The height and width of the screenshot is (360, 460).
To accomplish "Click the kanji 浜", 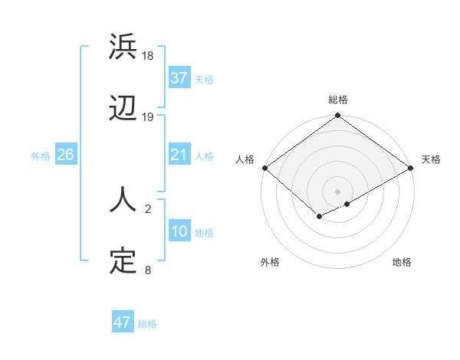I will click(123, 47).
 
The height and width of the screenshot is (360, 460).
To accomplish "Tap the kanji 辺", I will click(123, 109).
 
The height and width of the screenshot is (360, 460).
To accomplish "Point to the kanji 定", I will click(123, 261).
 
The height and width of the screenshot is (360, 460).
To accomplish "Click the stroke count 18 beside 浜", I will click(148, 56).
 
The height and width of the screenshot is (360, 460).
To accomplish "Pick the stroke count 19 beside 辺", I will click(148, 117).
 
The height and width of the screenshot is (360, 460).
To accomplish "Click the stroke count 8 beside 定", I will click(148, 270).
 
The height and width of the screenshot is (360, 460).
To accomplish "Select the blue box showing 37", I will click(179, 78).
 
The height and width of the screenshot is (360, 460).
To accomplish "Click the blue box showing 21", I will click(179, 155).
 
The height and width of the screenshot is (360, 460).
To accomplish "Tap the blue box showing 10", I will click(179, 231).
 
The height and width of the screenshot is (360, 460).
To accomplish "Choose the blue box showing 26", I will click(65, 155).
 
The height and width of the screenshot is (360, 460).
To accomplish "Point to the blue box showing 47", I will click(123, 322).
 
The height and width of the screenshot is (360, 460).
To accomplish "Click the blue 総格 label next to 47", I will click(147, 324).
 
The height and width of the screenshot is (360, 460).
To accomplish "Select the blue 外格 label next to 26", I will click(41, 156).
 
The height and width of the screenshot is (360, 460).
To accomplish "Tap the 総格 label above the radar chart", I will click(338, 100).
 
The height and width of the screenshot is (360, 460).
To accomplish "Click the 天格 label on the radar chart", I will click(431, 159).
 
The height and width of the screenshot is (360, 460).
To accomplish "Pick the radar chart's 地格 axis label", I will click(402, 263).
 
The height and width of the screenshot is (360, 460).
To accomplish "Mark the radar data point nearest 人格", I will click(265, 168).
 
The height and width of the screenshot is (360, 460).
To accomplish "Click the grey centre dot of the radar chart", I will click(338, 191).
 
